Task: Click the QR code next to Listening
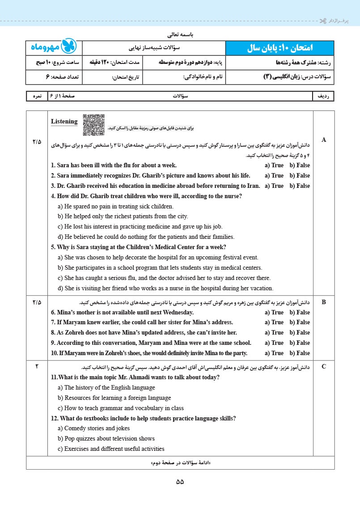tap(93, 125)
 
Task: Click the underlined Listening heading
tap(64, 121)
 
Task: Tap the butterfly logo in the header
tap(68, 47)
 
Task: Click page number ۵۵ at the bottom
tap(180, 482)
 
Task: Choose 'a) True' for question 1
tap(274, 165)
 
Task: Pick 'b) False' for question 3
tap(300, 186)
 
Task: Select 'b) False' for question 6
tap(300, 312)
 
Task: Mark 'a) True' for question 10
tap(274, 353)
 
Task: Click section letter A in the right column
tap(324, 140)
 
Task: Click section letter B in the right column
tap(324, 302)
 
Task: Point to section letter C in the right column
tap(324, 367)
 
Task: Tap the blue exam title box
tap(280, 47)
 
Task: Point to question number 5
tap(53, 247)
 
